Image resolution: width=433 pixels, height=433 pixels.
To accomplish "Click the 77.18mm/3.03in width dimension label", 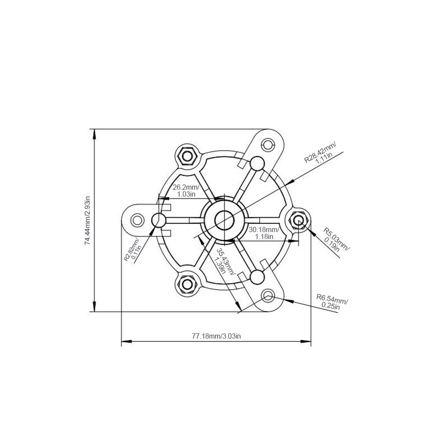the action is click(x=216, y=336).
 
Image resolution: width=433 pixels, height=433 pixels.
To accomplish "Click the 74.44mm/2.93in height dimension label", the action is click(x=87, y=221).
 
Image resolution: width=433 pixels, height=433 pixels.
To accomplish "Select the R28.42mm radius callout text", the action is click(x=320, y=153).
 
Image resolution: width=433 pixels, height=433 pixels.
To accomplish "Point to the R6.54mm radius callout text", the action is click(x=332, y=302).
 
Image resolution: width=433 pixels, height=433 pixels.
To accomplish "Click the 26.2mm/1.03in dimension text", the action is click(x=186, y=191).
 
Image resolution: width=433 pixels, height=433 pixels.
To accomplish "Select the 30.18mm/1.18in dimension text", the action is click(x=264, y=233).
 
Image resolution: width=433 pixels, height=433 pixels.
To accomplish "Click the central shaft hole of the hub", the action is click(x=224, y=220).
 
